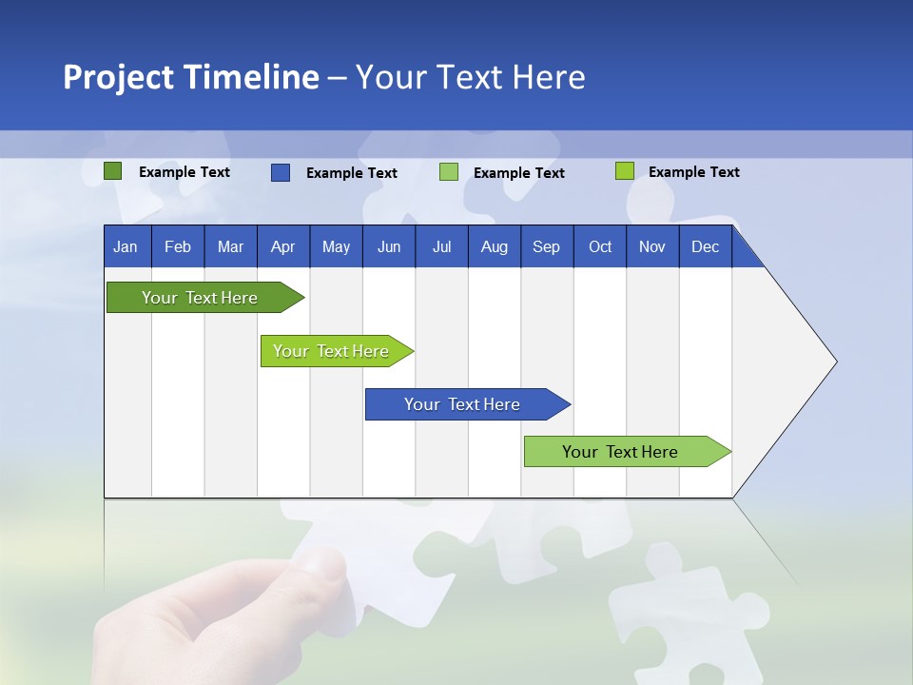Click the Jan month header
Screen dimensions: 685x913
[126, 247]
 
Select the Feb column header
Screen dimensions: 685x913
[178, 247]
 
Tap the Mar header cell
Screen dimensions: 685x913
[230, 247]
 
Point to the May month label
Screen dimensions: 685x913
[336, 247]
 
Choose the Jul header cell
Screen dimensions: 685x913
[441, 247]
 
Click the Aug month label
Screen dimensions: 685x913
[494, 247]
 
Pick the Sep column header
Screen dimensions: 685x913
[546, 247]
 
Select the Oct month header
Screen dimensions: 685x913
[600, 247]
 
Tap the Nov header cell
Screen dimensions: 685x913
[652, 247]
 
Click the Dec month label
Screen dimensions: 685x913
[705, 247]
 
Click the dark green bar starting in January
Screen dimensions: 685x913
[200, 298]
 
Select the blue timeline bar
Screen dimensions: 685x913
[462, 404]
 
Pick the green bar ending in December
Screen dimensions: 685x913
[620, 452]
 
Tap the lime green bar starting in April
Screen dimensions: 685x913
[331, 351]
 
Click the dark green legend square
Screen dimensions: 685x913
[113, 171]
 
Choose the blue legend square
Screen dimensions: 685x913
[281, 172]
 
